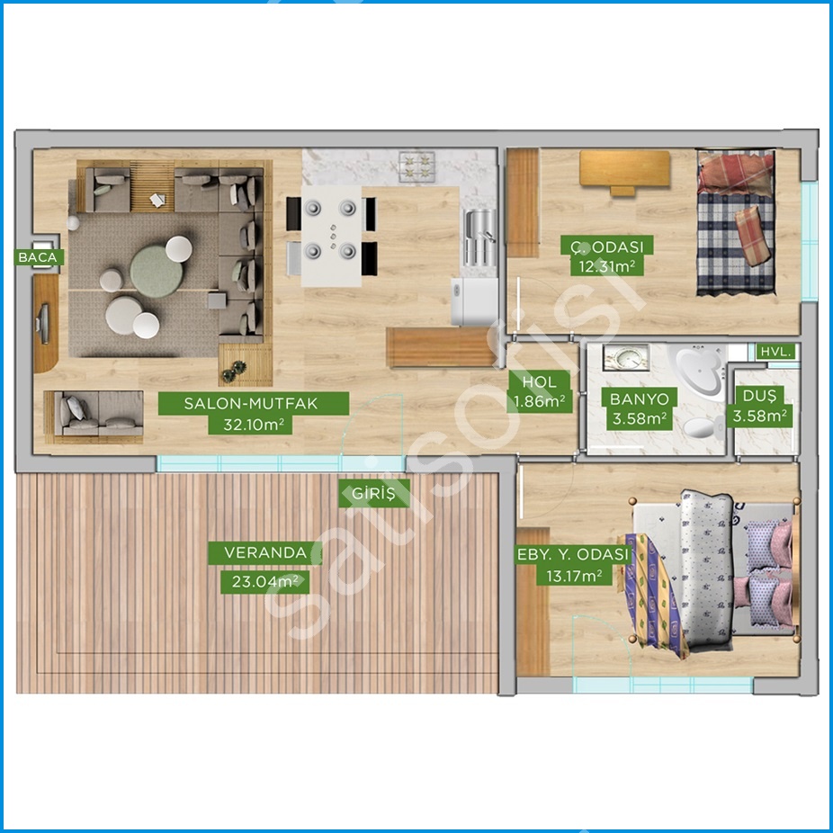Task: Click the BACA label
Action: (x=39, y=257)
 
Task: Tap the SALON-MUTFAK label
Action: (x=254, y=403)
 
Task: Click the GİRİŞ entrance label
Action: (x=374, y=493)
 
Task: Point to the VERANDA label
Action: (x=265, y=552)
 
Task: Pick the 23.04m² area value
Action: (x=265, y=582)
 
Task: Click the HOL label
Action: (x=539, y=381)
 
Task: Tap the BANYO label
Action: (x=639, y=399)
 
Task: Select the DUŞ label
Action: (x=760, y=396)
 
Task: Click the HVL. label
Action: (x=776, y=351)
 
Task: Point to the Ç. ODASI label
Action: (x=606, y=246)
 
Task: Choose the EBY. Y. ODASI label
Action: (x=573, y=554)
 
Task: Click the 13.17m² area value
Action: (x=574, y=576)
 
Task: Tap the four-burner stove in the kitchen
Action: (x=417, y=166)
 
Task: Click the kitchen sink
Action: (x=480, y=237)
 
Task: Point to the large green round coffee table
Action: (x=157, y=271)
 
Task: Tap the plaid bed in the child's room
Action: (x=736, y=222)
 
